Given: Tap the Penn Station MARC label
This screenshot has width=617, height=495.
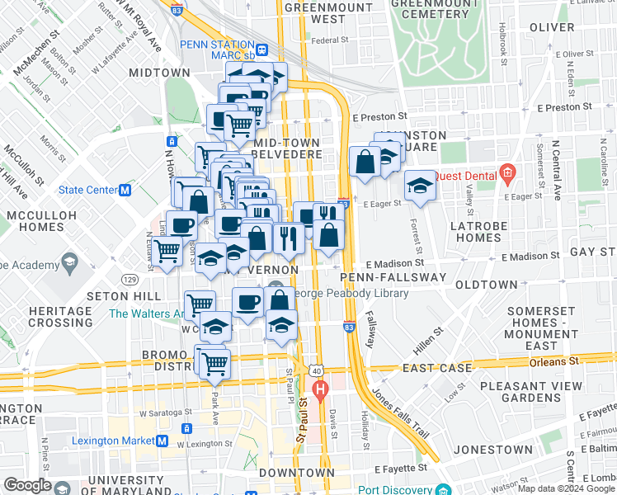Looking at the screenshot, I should point(218,49).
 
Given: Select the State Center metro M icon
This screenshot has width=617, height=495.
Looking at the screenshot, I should point(125,190).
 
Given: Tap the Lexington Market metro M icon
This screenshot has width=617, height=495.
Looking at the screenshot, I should point(162,442).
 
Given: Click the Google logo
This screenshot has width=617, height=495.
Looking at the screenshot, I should point(26,485).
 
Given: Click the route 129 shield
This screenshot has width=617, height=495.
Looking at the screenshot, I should point(129,280).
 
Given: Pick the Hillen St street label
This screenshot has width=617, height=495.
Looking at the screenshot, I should point(427,338).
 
